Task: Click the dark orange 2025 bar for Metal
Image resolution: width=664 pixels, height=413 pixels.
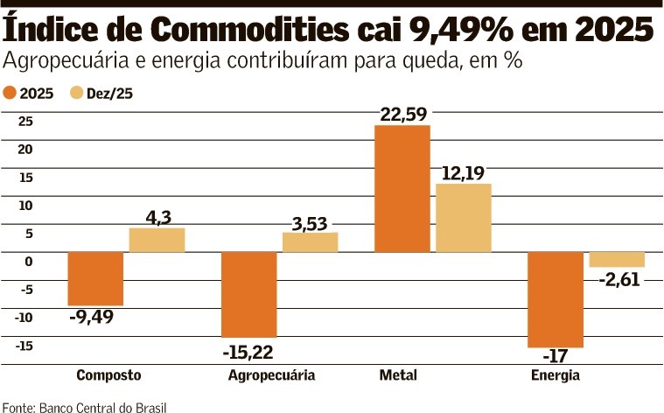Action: [402, 188]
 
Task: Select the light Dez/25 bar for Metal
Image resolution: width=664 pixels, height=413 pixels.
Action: [464, 218]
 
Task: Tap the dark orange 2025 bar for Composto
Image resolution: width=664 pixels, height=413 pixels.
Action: [95, 278]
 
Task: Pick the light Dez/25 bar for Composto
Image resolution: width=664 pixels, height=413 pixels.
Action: [157, 240]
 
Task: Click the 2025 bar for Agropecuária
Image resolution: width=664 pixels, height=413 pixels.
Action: [248, 294]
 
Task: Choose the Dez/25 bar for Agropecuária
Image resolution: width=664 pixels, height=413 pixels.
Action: [310, 242]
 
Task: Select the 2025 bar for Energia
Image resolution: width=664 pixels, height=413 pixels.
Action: [556, 299]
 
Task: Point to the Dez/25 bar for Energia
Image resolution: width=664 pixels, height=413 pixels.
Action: [617, 259]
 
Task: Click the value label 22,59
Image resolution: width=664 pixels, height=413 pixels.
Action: [403, 114]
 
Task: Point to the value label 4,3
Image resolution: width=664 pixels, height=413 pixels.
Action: [158, 216]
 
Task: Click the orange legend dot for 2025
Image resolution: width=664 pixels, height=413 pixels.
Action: [10, 92]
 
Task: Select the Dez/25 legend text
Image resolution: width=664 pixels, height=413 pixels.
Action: [109, 92]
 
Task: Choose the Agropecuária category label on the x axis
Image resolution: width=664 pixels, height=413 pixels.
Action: [271, 375]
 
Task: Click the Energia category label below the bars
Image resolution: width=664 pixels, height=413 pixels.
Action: [555, 375]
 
